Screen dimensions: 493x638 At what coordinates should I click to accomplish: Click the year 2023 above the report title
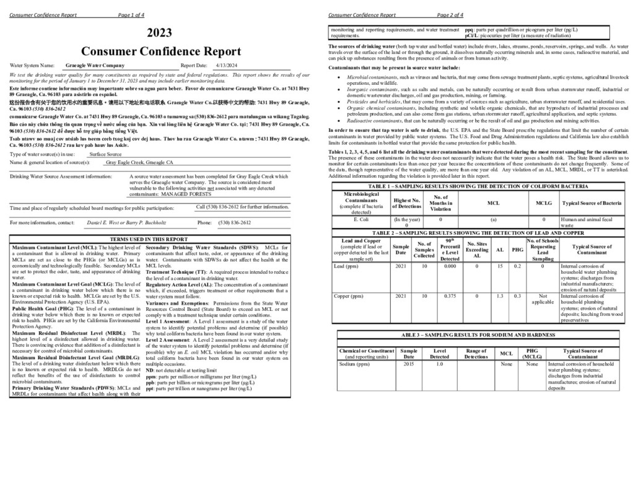pyautogui.click(x=160, y=33)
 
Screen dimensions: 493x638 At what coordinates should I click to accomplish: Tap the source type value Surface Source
pyautogui.click(x=105, y=154)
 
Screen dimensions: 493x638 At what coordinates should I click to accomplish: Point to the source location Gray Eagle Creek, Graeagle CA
pyautogui.click(x=139, y=162)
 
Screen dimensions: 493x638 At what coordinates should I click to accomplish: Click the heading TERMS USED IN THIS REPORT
pyautogui.click(x=149, y=238)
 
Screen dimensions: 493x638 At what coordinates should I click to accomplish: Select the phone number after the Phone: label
pyautogui.click(x=235, y=222)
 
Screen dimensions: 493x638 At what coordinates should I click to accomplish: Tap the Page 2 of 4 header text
pyautogui.click(x=450, y=15)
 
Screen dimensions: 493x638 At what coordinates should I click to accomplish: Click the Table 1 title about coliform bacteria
pyautogui.click(x=478, y=186)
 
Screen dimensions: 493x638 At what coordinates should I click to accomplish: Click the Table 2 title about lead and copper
pyautogui.click(x=478, y=233)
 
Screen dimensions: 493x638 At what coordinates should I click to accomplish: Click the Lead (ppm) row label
pyautogui.click(x=347, y=266)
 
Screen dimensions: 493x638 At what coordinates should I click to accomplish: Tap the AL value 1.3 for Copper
pyautogui.click(x=500, y=296)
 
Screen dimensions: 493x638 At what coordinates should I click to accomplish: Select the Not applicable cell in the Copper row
pyautogui.click(x=543, y=299)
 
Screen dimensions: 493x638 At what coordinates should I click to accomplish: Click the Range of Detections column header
pyautogui.click(x=476, y=354)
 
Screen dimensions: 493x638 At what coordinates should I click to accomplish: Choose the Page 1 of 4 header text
pyautogui.click(x=131, y=15)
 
